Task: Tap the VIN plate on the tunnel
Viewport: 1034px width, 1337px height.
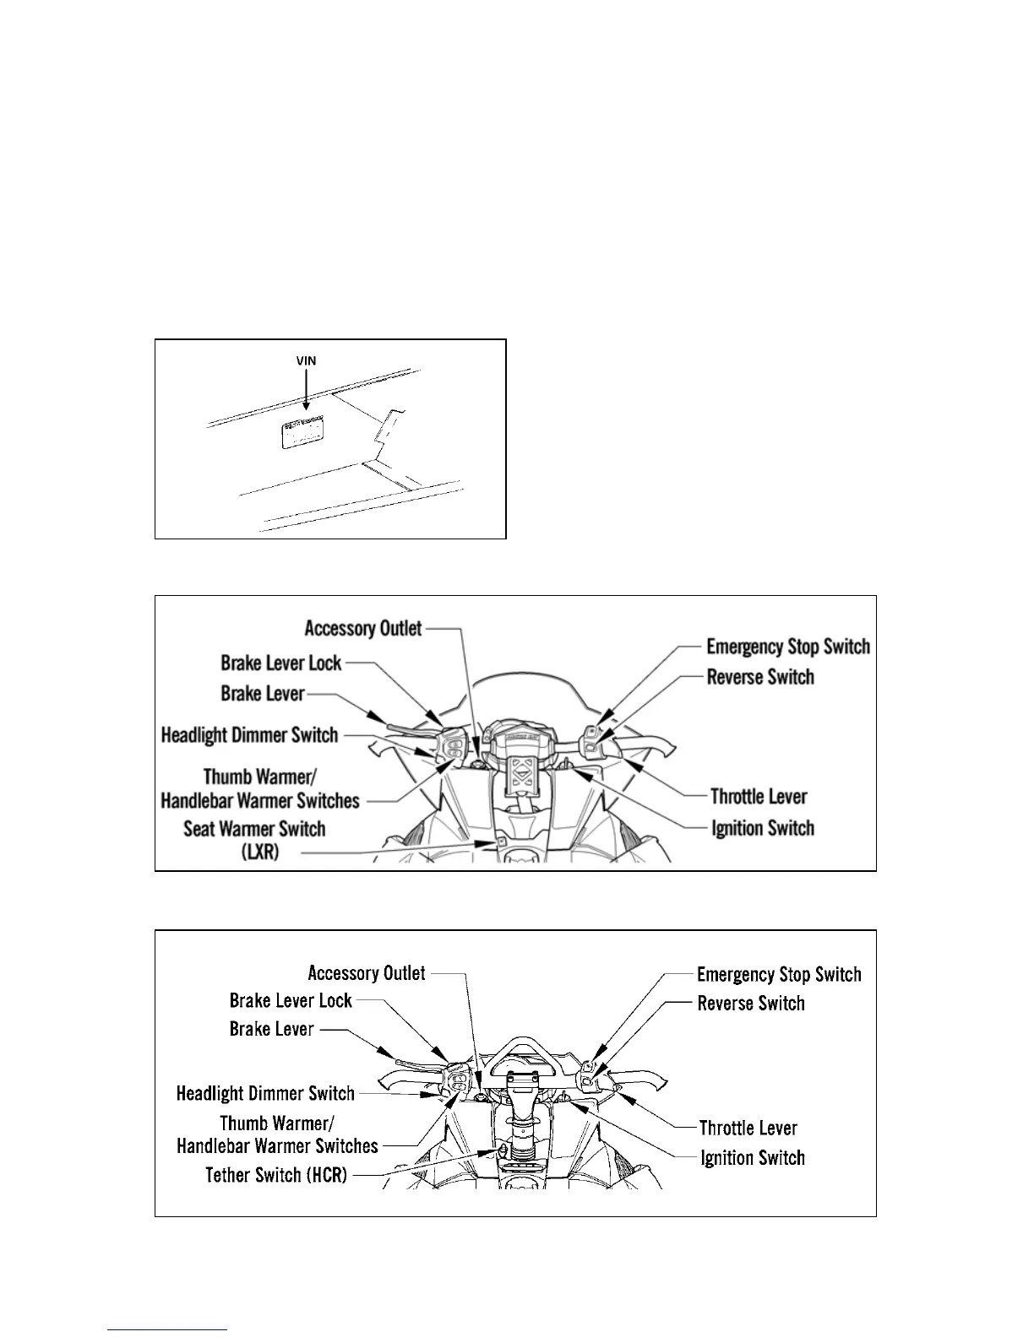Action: (x=305, y=435)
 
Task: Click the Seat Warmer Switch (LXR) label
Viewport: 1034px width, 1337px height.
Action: (x=254, y=840)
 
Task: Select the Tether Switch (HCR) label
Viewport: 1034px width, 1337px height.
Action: (x=276, y=1174)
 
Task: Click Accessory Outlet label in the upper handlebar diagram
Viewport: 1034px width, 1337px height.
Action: (x=363, y=628)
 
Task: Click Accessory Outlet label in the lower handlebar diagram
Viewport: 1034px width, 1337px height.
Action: (x=367, y=973)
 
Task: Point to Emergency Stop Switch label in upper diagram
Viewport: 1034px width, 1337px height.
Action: (x=787, y=647)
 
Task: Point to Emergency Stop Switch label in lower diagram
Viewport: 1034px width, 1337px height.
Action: (x=779, y=975)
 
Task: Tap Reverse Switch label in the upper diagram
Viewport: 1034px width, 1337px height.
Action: (x=760, y=677)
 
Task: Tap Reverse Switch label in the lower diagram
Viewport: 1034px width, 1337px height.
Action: (x=751, y=1004)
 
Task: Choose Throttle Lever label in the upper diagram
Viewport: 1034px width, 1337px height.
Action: (x=759, y=797)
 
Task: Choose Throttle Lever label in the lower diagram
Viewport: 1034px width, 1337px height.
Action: (x=748, y=1128)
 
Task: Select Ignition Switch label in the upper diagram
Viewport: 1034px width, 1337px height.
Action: (x=763, y=828)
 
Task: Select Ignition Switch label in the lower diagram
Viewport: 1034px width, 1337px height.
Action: (x=753, y=1158)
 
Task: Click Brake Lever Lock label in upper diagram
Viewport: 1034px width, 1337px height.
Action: (x=281, y=663)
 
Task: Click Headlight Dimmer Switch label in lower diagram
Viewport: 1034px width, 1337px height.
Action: (x=265, y=1094)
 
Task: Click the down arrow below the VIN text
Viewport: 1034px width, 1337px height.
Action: (x=306, y=392)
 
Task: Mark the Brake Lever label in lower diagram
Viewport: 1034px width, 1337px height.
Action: (x=271, y=1029)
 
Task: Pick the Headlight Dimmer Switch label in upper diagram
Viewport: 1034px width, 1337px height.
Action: (x=249, y=735)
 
